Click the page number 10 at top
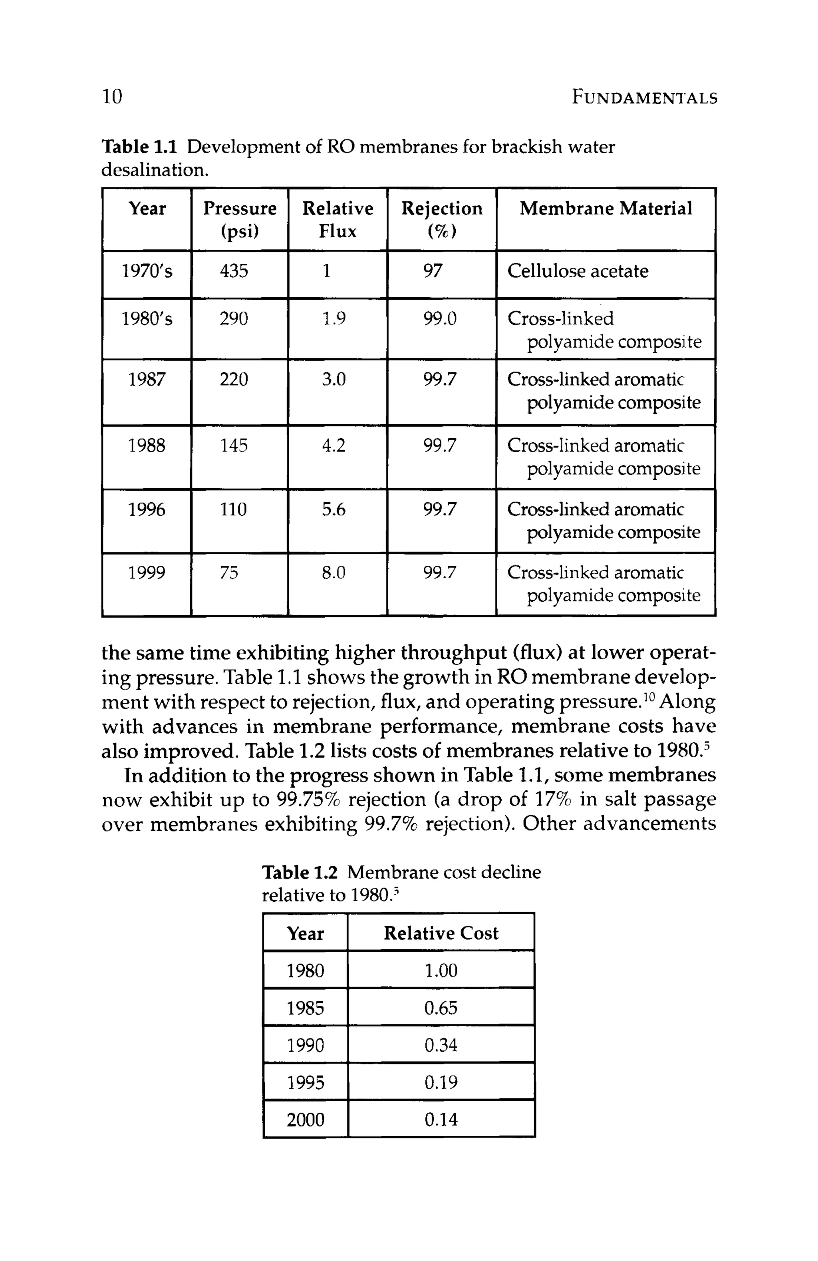click(x=112, y=97)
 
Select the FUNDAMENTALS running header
click(x=644, y=98)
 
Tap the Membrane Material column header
click(x=606, y=208)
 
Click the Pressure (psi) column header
click(x=240, y=219)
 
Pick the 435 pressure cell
click(x=234, y=271)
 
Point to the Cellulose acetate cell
click(x=578, y=271)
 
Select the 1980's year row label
click(x=147, y=319)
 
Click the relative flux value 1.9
click(x=334, y=319)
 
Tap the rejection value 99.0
click(x=440, y=319)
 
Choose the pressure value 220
click(x=234, y=379)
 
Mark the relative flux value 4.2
click(x=334, y=446)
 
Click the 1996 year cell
click(x=147, y=510)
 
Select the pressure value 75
click(x=229, y=573)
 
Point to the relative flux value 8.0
click(x=334, y=573)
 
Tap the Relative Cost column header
click(x=441, y=933)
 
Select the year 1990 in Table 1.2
click(x=305, y=1045)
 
